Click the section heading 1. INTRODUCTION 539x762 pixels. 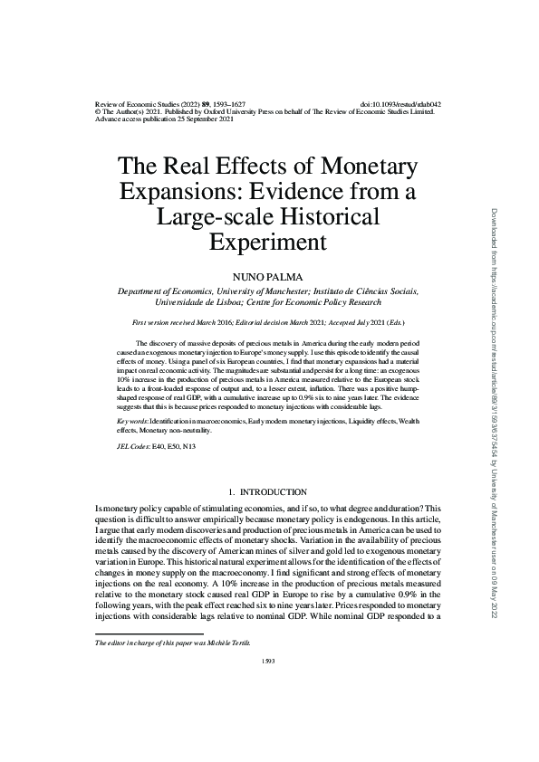click(268, 491)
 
